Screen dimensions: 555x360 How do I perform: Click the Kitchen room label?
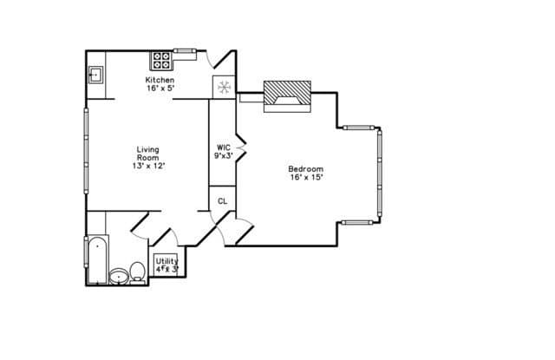pos(160,80)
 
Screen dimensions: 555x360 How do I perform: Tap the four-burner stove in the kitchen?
pos(161,61)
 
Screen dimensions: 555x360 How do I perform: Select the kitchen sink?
pos(95,75)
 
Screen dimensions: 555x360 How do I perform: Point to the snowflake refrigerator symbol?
pos(224,87)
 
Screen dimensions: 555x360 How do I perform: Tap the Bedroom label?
pos(306,169)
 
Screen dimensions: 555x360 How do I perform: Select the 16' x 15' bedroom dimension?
pos(306,177)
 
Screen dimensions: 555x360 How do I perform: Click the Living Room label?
pos(148,154)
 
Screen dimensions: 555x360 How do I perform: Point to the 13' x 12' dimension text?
pos(148,166)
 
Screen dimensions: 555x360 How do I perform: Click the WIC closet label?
pos(224,147)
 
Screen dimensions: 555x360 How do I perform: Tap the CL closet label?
pos(222,201)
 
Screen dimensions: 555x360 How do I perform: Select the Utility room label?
pos(167,261)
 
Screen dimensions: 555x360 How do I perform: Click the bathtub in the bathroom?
pos(97,260)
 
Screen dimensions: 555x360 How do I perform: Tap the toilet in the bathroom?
pos(137,273)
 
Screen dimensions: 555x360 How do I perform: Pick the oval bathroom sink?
pos(119,277)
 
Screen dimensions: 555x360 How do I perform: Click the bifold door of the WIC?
pos(241,147)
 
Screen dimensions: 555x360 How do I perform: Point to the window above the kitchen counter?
pos(184,50)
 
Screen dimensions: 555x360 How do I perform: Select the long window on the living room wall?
pos(86,151)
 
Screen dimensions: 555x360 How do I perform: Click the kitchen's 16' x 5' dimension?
pos(161,88)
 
